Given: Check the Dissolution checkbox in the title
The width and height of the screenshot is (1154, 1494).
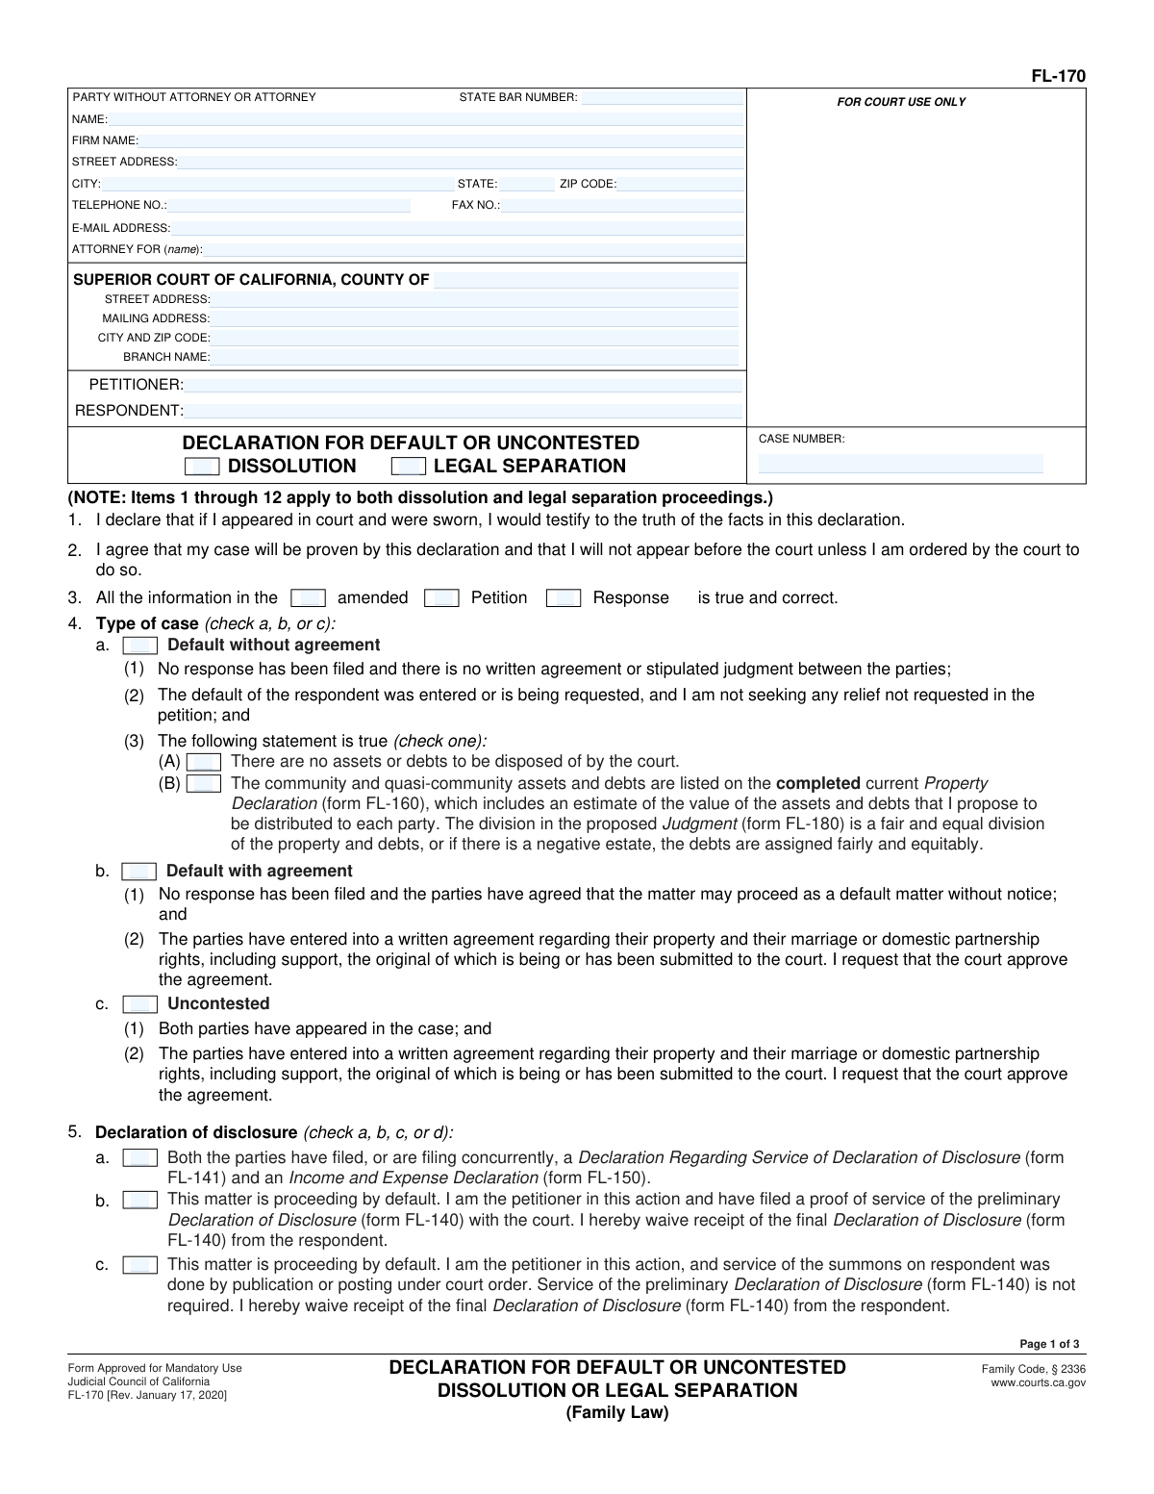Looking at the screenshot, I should pos(202,467).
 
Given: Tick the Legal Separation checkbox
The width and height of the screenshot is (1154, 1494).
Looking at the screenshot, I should pos(409,467).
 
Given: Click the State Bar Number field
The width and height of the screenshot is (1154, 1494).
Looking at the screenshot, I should pos(662,97).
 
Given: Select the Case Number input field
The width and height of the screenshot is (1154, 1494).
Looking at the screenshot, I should pos(900,464).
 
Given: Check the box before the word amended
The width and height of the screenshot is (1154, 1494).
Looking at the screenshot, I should pos(308,598).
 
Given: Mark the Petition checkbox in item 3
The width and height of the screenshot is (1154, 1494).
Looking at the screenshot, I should pos(441,598).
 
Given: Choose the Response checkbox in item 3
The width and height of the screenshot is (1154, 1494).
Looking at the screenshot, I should pos(563,598).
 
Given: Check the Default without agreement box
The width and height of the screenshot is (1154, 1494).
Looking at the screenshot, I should pos(140,646).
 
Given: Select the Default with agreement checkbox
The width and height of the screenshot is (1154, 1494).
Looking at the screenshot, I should pos(139,872).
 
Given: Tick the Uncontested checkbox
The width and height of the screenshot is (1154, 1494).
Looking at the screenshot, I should pos(140,1004).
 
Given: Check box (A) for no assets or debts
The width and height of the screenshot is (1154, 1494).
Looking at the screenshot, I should pos(204,762).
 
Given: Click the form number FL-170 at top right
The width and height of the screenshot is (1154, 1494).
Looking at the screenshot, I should pos(1059,76).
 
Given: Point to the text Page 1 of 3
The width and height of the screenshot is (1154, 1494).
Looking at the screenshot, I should pos(1049,1344).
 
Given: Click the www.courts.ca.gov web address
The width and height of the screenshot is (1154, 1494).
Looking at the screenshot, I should pos(1038,1382).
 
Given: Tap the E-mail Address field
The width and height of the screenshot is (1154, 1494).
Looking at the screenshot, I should pos(457,228).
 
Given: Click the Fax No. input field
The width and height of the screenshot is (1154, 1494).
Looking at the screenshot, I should pos(622,205).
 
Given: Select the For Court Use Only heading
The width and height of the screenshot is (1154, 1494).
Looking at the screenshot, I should pos(901,102).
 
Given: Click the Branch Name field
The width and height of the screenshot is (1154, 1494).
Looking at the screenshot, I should pos(474,357).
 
